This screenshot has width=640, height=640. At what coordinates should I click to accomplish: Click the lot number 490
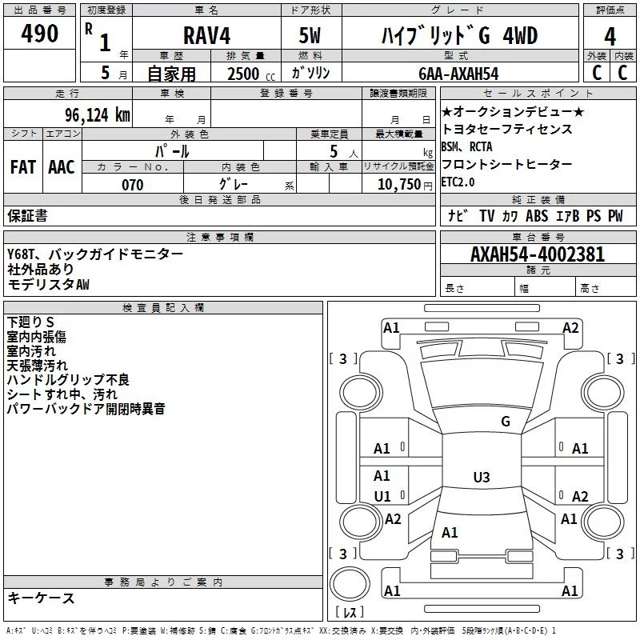click(39, 34)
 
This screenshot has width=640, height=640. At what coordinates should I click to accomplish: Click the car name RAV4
click(206, 35)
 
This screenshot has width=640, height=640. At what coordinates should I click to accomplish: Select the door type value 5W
click(310, 35)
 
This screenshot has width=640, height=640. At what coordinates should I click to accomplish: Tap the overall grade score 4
click(610, 37)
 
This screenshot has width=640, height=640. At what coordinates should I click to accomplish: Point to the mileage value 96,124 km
click(98, 115)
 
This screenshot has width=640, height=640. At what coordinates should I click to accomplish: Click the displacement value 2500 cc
click(251, 74)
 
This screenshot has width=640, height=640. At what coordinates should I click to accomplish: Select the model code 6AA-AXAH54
click(458, 74)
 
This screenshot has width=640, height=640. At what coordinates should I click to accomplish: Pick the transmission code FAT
click(23, 167)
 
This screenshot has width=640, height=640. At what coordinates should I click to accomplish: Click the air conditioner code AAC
click(62, 167)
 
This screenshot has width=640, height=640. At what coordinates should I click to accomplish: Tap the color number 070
click(133, 185)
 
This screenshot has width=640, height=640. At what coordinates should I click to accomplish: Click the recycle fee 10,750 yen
click(405, 185)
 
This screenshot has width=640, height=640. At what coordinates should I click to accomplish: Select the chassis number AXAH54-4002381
click(538, 254)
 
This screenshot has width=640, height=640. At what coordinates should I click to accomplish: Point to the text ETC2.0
click(458, 182)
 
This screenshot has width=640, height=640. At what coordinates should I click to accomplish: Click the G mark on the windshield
click(506, 422)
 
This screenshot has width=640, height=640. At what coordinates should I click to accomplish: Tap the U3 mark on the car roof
click(482, 477)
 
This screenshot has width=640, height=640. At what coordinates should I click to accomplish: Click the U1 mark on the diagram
click(382, 496)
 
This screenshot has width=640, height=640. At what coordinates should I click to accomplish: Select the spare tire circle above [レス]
click(350, 584)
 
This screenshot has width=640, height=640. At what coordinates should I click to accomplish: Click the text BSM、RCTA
click(466, 146)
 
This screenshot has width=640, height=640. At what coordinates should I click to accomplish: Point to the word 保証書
click(27, 215)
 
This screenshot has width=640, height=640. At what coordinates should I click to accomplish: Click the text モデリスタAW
click(48, 284)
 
